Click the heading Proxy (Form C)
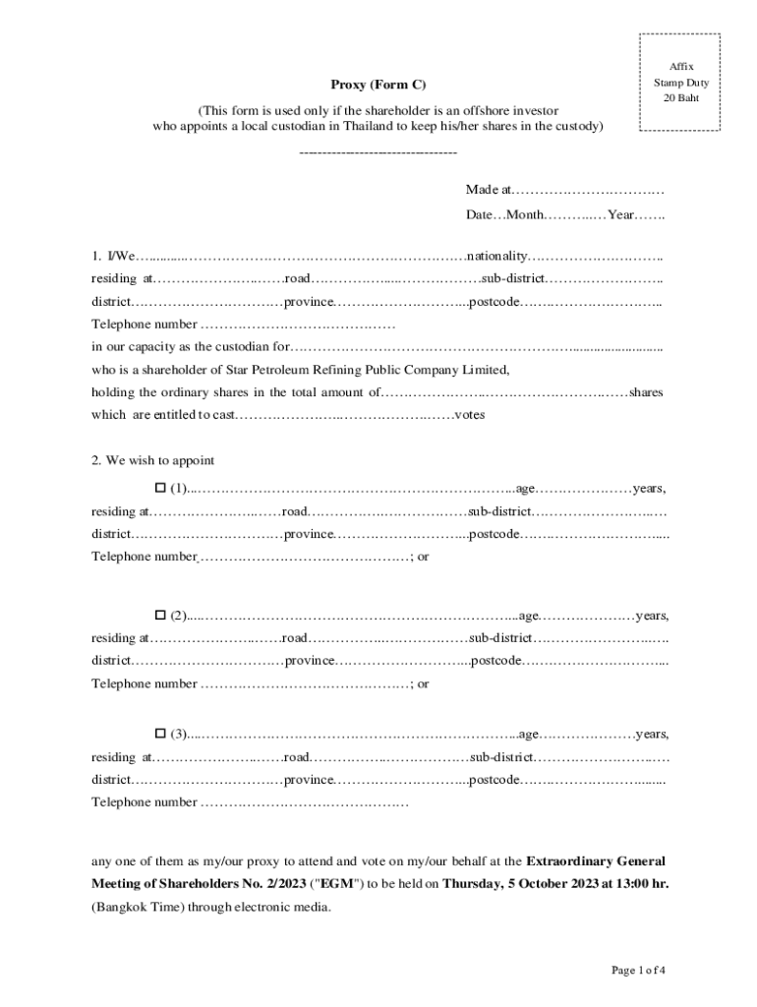tap(378, 86)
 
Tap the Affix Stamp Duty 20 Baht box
tap(680, 83)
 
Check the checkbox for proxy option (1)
tap(161, 488)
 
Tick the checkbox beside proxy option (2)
tap(161, 616)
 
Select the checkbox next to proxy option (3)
tap(161, 734)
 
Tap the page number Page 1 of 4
tap(638, 971)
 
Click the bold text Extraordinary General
tap(596, 860)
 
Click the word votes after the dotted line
tap(469, 415)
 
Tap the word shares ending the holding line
tap(646, 392)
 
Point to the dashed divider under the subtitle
tap(378, 153)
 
